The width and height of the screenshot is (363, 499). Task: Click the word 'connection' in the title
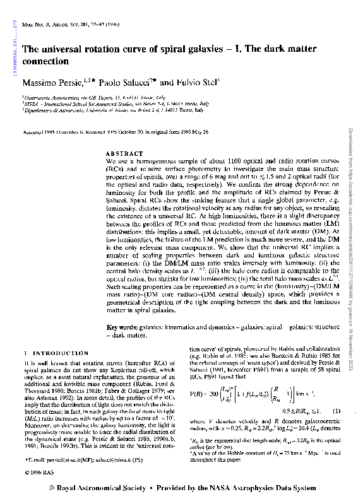point(45,62)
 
